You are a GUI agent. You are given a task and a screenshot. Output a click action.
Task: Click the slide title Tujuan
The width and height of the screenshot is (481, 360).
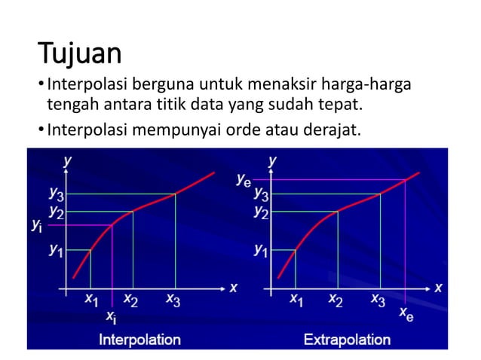[x=79, y=54]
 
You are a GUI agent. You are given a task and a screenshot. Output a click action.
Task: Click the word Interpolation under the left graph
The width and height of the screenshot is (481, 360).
[x=140, y=340]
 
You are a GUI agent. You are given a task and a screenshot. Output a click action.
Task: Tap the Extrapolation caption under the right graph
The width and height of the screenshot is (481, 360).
[x=347, y=340]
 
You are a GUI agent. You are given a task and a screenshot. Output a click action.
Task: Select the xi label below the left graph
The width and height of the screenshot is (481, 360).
[x=111, y=317]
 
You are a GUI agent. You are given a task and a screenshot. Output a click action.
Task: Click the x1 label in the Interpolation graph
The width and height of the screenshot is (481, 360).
[x=90, y=300]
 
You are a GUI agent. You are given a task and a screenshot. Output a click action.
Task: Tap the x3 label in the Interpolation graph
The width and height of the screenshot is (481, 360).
[x=173, y=300]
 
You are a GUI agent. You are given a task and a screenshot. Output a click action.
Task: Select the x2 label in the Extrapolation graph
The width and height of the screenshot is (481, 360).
[x=337, y=300]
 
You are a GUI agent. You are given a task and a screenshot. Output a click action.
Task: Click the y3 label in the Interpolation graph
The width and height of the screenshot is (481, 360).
[x=57, y=195]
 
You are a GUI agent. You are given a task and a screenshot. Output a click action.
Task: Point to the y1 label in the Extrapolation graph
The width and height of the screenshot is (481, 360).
[x=261, y=249]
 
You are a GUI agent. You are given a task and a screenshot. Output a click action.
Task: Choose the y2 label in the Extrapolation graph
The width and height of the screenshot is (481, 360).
[x=261, y=212]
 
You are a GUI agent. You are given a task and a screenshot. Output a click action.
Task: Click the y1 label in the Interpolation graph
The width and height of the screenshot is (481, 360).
[x=57, y=249]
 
